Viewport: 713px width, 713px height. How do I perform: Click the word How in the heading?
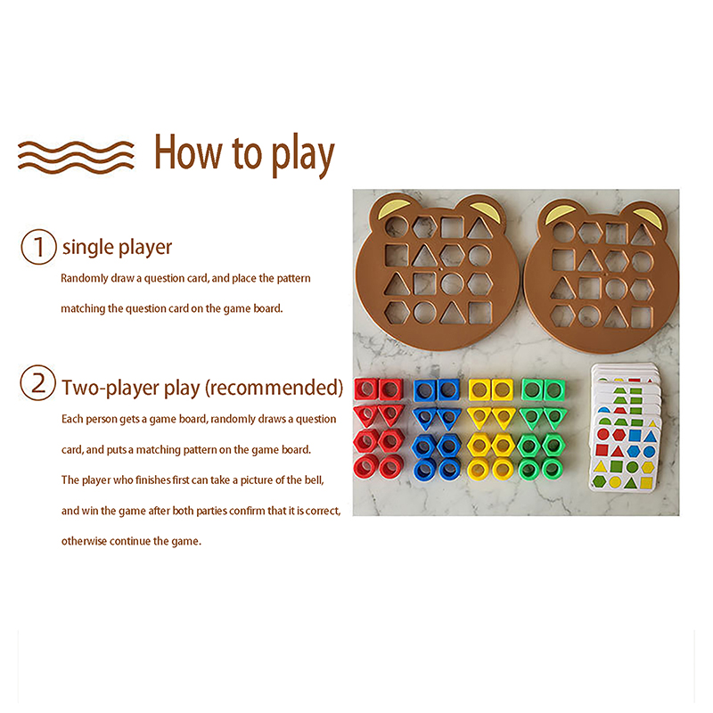(189, 152)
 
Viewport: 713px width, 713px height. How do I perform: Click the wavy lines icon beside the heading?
(76, 157)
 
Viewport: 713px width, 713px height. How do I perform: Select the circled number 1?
(38, 247)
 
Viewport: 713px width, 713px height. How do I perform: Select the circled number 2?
(38, 383)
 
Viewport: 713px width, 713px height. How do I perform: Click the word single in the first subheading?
(88, 248)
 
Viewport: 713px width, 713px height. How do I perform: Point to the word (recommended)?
(275, 388)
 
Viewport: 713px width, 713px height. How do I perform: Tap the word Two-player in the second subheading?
(111, 389)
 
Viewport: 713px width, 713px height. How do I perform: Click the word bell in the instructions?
(314, 479)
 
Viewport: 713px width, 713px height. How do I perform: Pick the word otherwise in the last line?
(84, 541)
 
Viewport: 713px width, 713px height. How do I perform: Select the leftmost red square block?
(365, 389)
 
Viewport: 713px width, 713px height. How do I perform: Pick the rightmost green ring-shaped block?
(553, 469)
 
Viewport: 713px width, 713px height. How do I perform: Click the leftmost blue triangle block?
(424, 418)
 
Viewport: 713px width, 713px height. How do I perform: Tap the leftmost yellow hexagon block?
(479, 445)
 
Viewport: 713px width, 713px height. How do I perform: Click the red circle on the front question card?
(603, 434)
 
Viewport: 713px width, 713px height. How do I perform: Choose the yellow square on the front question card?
(646, 482)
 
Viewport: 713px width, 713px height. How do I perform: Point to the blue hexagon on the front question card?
(633, 452)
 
